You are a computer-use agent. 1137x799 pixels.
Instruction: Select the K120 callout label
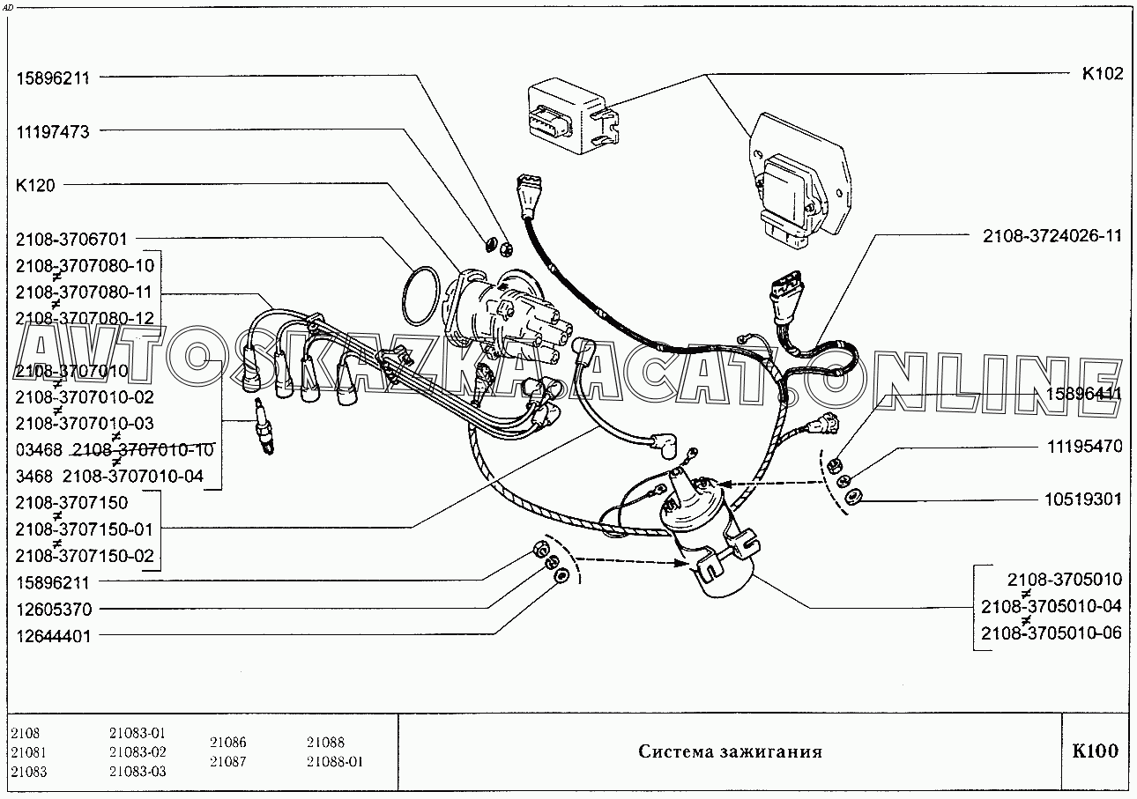pos(35,185)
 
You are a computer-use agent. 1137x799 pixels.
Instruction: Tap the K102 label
pos(1102,74)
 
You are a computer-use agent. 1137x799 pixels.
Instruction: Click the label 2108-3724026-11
pos(1052,236)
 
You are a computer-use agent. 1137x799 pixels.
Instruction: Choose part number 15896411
pos(1083,394)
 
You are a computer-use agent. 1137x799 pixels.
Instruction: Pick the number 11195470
pos(1084,447)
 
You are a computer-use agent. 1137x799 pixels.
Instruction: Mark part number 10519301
pos(1084,499)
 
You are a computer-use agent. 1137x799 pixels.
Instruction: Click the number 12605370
pos(54,609)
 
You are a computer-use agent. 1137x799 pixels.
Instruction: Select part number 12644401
pos(54,635)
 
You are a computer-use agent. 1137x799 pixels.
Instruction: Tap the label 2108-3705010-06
pos(1051,633)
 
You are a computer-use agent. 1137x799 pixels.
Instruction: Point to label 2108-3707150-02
pos(85,556)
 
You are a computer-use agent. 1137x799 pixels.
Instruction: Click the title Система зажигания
pos(730,752)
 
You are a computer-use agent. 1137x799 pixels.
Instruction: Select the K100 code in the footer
pos(1095,751)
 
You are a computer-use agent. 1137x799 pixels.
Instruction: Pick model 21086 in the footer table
pos(228,743)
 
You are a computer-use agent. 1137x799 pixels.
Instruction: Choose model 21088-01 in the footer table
pos(335,762)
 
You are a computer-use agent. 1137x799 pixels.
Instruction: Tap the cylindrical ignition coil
pos(710,537)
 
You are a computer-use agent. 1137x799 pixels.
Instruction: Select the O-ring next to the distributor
pos(420,296)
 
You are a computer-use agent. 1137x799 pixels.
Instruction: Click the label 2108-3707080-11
pos(85,292)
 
